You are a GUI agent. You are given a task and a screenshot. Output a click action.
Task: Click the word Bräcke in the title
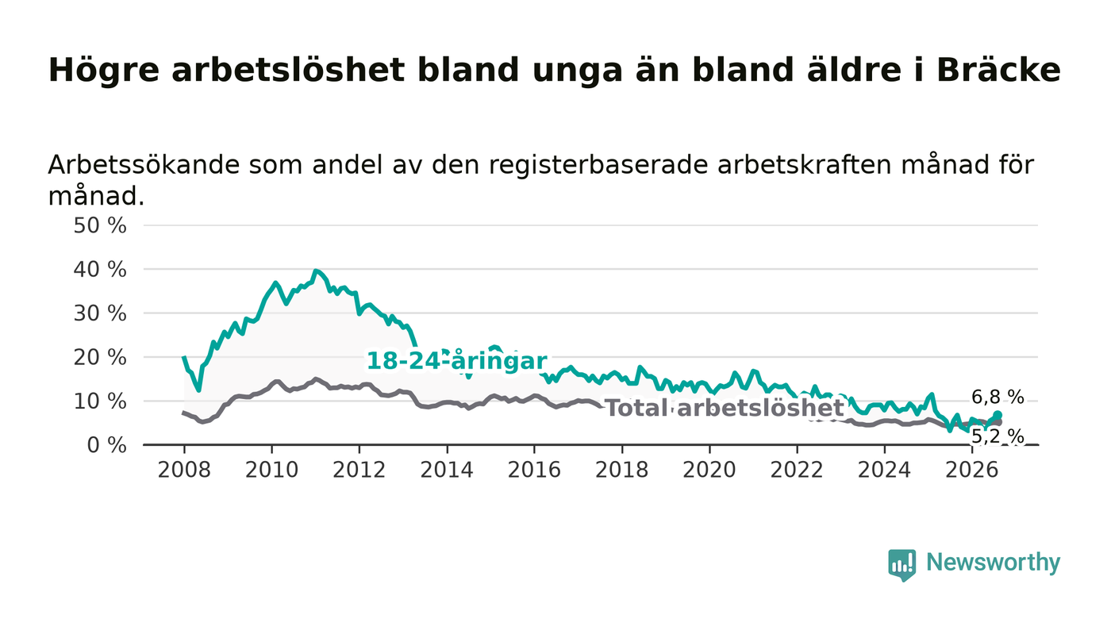tap(998, 70)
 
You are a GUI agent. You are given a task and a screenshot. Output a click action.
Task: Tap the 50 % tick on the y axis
tap(100, 225)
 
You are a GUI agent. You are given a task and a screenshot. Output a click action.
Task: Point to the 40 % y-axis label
tap(100, 270)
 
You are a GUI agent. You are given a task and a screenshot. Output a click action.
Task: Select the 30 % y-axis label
tap(100, 313)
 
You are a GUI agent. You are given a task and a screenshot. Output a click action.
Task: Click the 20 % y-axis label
tap(100, 357)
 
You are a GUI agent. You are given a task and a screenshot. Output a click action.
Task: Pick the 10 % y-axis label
tap(100, 401)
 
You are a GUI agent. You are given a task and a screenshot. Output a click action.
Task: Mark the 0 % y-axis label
tap(106, 445)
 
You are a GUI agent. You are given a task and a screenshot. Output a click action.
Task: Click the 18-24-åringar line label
tap(457, 361)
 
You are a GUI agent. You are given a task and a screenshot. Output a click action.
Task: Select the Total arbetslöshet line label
tap(725, 409)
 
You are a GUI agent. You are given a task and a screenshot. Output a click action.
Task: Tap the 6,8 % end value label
tap(998, 397)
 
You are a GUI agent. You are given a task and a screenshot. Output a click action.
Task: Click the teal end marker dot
tap(998, 415)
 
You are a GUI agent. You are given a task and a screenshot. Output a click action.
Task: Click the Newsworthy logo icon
tap(902, 565)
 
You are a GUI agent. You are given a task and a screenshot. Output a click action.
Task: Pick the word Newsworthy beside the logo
tap(994, 563)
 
